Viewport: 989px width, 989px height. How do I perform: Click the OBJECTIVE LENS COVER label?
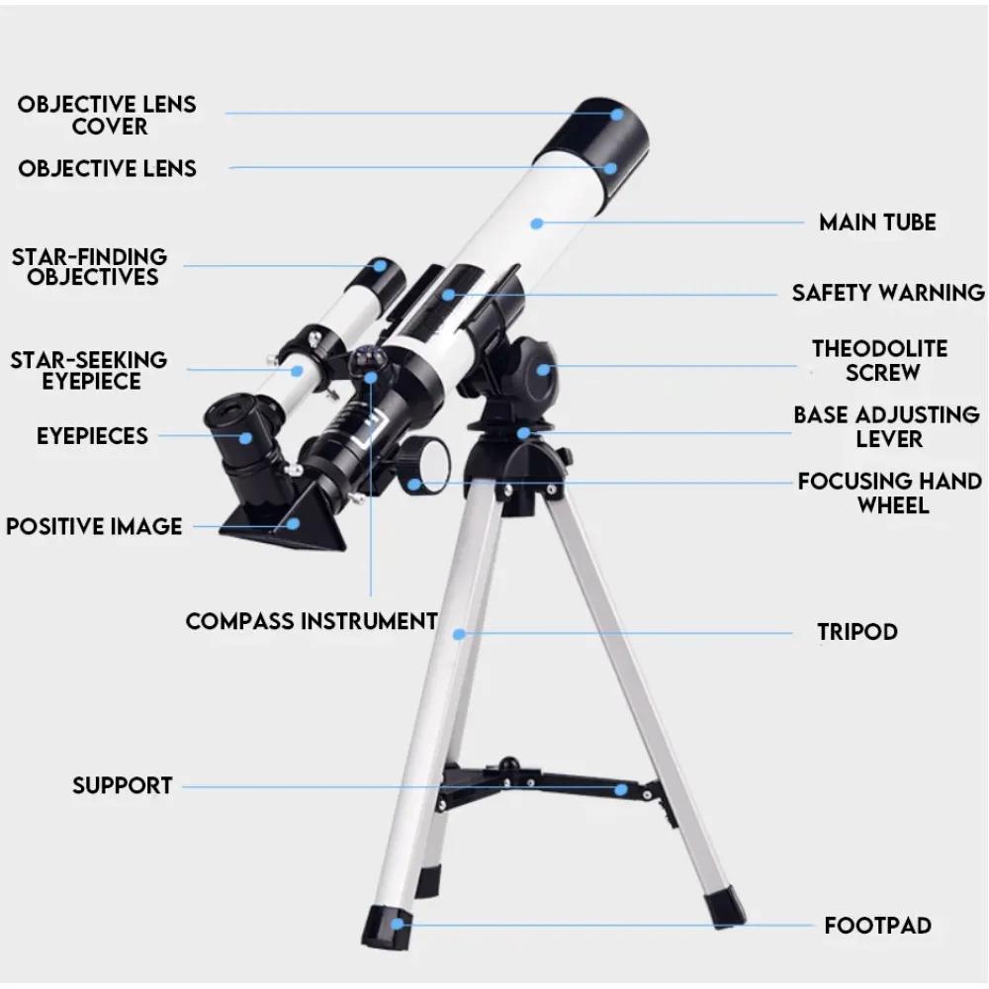(107, 115)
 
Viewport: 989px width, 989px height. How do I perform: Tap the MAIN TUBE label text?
(877, 223)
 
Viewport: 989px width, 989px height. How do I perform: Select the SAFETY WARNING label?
(888, 293)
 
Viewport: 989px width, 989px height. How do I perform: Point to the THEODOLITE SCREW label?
(879, 361)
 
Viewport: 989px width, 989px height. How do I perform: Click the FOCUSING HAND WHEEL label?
(890, 493)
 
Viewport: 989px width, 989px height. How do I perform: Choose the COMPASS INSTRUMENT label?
(312, 621)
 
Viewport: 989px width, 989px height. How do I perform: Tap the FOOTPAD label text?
(877, 927)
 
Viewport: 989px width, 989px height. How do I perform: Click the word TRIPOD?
(857, 632)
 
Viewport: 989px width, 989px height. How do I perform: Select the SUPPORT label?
(123, 786)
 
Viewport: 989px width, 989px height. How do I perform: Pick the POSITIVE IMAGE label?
(94, 526)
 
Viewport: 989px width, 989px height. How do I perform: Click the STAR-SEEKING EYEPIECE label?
(89, 370)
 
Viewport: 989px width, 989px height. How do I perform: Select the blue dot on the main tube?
(537, 224)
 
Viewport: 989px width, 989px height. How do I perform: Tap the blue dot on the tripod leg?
(459, 633)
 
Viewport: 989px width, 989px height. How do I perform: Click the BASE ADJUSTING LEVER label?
(886, 426)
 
